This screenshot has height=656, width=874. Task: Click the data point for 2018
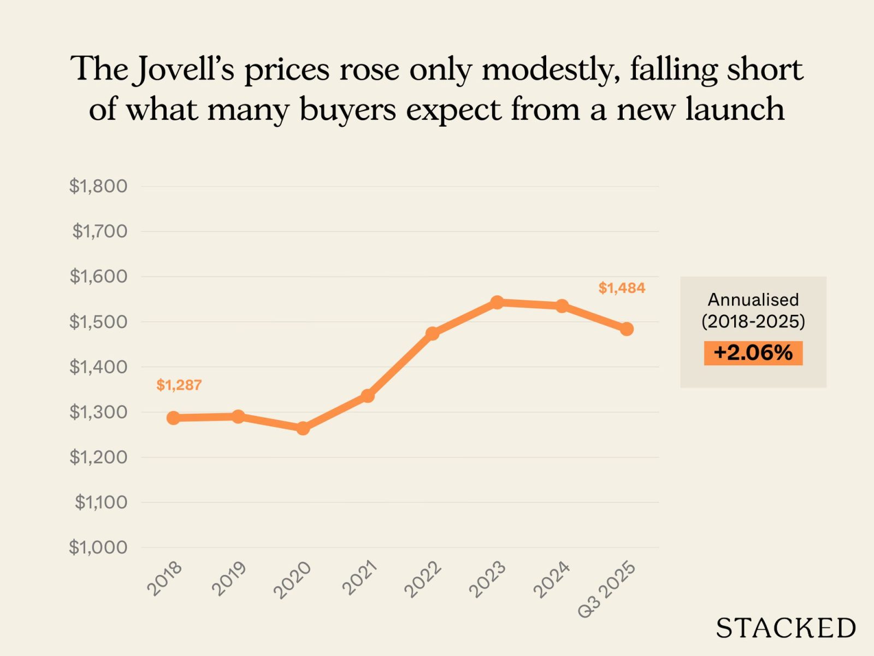(x=173, y=418)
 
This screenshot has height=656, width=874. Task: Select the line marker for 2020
(x=303, y=429)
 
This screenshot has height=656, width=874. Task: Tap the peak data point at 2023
(x=497, y=302)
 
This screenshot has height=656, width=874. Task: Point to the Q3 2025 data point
(x=627, y=329)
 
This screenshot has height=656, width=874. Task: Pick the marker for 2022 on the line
(x=432, y=333)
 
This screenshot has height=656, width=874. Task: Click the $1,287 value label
(x=179, y=385)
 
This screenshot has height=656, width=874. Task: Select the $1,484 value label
(x=622, y=288)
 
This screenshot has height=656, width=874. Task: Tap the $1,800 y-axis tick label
(x=98, y=186)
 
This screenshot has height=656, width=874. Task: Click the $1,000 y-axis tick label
(x=98, y=547)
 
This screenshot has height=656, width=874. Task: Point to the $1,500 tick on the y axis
(x=98, y=322)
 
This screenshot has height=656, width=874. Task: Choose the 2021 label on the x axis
(x=359, y=578)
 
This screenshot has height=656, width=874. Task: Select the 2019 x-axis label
(x=229, y=578)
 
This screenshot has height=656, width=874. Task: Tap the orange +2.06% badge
(x=753, y=353)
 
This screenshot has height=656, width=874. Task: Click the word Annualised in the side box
(x=753, y=300)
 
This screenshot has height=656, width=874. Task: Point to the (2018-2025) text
(x=753, y=321)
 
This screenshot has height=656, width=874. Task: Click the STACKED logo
(x=786, y=628)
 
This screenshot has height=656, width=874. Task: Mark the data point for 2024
(x=562, y=306)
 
